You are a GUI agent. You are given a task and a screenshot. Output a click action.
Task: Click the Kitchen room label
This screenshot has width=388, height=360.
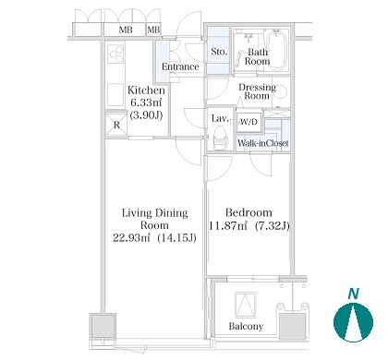pyautogui.click(x=146, y=90)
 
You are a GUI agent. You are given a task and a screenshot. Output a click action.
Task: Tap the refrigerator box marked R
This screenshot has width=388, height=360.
pyautogui.click(x=116, y=125)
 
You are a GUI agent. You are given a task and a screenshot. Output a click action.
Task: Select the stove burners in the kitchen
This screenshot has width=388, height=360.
pyautogui.click(x=116, y=54)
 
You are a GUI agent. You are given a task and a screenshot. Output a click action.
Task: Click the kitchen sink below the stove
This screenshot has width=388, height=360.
pyautogui.click(x=115, y=94)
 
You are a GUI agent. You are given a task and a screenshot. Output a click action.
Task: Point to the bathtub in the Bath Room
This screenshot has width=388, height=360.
pyautogui.click(x=276, y=50)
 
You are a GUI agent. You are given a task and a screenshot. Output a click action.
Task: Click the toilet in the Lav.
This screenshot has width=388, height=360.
pyautogui.click(x=221, y=139)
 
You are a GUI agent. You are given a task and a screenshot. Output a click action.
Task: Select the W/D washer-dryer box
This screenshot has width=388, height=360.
pyautogui.click(x=249, y=122)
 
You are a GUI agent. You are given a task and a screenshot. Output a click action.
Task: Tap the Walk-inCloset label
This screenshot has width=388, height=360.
pyautogui.click(x=263, y=143)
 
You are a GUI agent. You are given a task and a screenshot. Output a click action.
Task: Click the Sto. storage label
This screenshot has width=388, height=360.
pyautogui.click(x=219, y=52)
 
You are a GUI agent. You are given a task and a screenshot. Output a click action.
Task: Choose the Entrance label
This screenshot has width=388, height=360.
pyautogui.click(x=180, y=66)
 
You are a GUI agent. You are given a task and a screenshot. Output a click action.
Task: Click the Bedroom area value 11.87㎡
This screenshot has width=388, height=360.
pyautogui.click(x=228, y=226)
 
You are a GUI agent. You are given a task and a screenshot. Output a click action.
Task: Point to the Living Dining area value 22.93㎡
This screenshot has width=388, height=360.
pyautogui.click(x=131, y=237)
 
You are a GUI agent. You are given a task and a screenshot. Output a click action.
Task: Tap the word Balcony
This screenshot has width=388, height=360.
pyautogui.click(x=246, y=326)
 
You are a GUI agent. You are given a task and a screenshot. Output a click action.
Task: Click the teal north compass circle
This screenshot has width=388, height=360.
pyautogui.click(x=353, y=322)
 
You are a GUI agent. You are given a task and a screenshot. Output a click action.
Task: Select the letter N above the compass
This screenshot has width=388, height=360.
pyautogui.click(x=354, y=294)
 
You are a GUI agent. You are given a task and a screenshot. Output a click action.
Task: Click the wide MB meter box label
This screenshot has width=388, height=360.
pyautogui.click(x=126, y=30)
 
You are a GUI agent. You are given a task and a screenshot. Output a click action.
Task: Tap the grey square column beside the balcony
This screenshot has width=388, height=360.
pyautogui.click(x=292, y=326)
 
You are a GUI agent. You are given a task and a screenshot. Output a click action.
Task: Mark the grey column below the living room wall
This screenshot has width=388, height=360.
pyautogui.click(x=103, y=326)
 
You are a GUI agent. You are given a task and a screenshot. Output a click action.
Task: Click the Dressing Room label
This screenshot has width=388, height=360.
pyautogui.click(x=257, y=91)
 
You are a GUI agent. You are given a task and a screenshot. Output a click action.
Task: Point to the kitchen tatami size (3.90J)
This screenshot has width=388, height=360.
pyautogui.click(x=146, y=115)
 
